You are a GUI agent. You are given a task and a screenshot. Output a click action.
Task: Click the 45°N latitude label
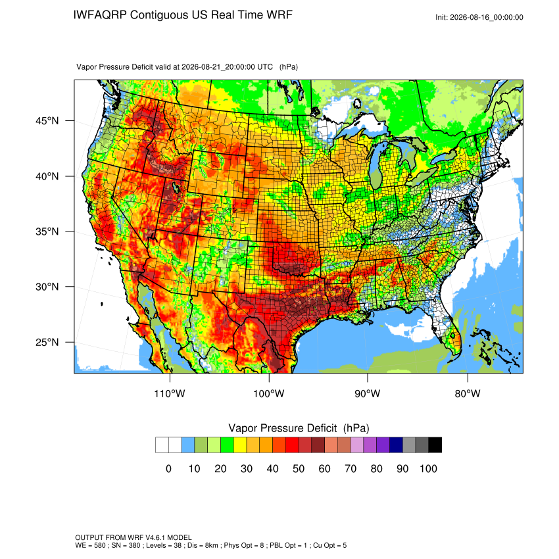[x=47, y=121]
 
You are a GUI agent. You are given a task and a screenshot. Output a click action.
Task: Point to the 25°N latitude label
[x=47, y=342]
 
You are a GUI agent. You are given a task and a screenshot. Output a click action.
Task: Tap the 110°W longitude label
[x=170, y=393]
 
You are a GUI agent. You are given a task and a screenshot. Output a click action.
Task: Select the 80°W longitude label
[x=468, y=393]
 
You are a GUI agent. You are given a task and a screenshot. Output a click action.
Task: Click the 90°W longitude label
[x=367, y=393]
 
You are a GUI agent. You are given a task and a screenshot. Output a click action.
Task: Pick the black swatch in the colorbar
[x=435, y=445]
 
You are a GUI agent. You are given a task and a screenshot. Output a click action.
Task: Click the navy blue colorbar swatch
[x=396, y=445]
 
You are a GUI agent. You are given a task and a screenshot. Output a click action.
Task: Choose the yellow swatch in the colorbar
[x=240, y=445]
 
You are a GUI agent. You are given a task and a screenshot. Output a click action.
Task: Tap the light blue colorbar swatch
[x=188, y=445]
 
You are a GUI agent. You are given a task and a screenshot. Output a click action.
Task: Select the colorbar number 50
[x=299, y=468]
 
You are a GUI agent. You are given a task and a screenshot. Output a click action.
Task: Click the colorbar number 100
[x=428, y=468]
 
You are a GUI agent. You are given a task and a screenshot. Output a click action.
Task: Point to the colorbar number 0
[x=168, y=468]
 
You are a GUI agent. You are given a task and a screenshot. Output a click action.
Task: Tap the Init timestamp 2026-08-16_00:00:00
[x=487, y=18]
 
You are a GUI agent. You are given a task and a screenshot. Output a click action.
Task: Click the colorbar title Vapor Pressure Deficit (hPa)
[x=299, y=428]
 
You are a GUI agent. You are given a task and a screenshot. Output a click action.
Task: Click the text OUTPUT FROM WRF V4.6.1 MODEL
[x=134, y=537]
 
